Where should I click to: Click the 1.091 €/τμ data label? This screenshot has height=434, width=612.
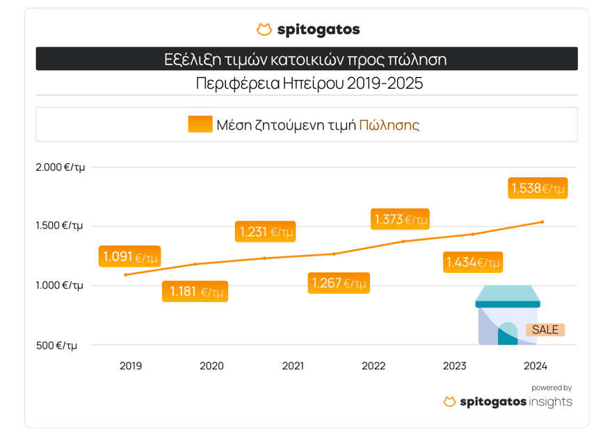[x=130, y=256]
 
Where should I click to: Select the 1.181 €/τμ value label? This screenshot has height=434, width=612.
[x=195, y=292]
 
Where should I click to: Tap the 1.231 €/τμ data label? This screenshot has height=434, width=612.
[x=266, y=231]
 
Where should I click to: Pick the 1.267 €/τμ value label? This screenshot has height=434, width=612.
[x=338, y=283]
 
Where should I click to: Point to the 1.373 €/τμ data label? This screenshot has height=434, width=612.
[x=400, y=219]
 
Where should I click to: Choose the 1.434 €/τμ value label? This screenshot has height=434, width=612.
[x=473, y=262]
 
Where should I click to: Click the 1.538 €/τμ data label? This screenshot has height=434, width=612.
[x=538, y=188]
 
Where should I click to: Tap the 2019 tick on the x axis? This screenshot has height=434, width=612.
[x=131, y=366]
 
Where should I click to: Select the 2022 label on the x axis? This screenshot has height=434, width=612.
[x=373, y=366]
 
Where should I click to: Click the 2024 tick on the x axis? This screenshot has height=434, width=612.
[x=535, y=366]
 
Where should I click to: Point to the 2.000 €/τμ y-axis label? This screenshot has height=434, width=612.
[x=60, y=167]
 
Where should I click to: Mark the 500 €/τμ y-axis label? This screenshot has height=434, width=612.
[x=57, y=345]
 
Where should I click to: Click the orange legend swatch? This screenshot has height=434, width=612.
[x=200, y=124]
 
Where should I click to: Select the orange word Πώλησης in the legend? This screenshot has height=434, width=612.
[x=389, y=125]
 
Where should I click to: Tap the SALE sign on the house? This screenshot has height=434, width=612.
[x=545, y=330]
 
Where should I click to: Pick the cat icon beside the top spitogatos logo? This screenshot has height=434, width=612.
[x=264, y=30]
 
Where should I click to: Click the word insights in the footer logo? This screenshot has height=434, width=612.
[x=550, y=402]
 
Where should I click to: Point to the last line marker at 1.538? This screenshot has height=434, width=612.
[x=542, y=222]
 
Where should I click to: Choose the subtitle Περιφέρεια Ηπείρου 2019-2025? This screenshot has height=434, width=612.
[x=309, y=84]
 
